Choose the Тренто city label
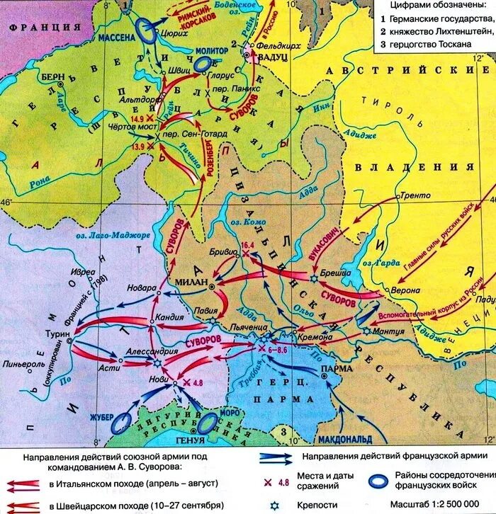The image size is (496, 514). pos(412,194)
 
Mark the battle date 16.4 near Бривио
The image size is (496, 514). pos(247,244)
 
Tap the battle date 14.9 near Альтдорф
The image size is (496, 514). pos(137,118)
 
